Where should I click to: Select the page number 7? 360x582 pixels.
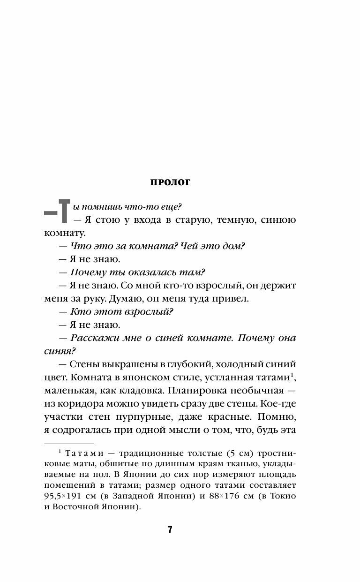tap(170, 529)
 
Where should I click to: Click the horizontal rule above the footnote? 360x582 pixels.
tap(69, 442)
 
